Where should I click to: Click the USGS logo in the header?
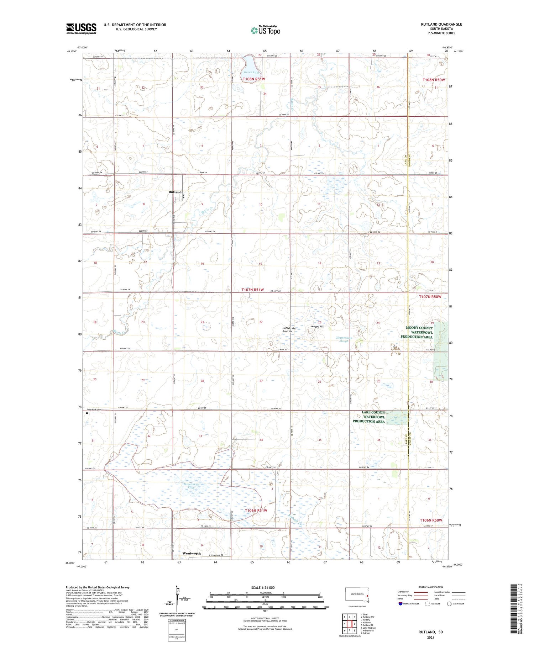point(81,28)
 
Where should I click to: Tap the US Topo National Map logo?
point(265,30)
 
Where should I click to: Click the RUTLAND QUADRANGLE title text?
point(441,24)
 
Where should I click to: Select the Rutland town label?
point(175,192)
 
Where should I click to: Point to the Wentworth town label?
point(192,554)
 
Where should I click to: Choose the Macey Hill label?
point(318,326)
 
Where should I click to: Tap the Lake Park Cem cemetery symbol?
point(87,413)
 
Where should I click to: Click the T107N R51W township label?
point(253,290)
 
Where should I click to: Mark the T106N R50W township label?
point(430,520)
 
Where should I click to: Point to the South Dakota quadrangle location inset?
point(357,595)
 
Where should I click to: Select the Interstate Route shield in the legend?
point(400,604)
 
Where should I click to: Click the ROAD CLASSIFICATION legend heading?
point(431,587)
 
